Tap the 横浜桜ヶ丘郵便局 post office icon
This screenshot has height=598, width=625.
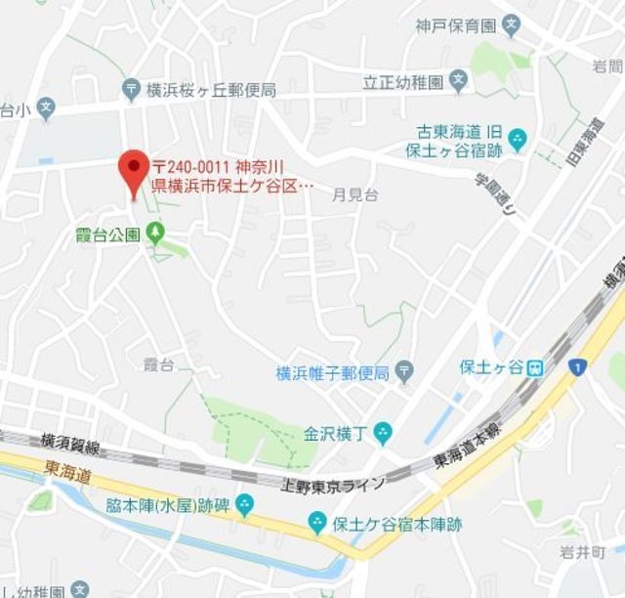(133, 90)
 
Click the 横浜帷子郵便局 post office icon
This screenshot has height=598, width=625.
(405, 372)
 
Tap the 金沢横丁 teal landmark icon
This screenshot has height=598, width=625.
(383, 431)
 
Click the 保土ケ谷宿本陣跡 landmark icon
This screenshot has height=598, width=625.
(317, 525)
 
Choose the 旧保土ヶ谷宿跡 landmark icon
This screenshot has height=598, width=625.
(517, 141)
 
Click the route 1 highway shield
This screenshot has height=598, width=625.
(578, 367)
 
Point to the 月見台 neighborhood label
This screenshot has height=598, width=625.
(355, 194)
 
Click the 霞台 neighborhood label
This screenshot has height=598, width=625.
(158, 364)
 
